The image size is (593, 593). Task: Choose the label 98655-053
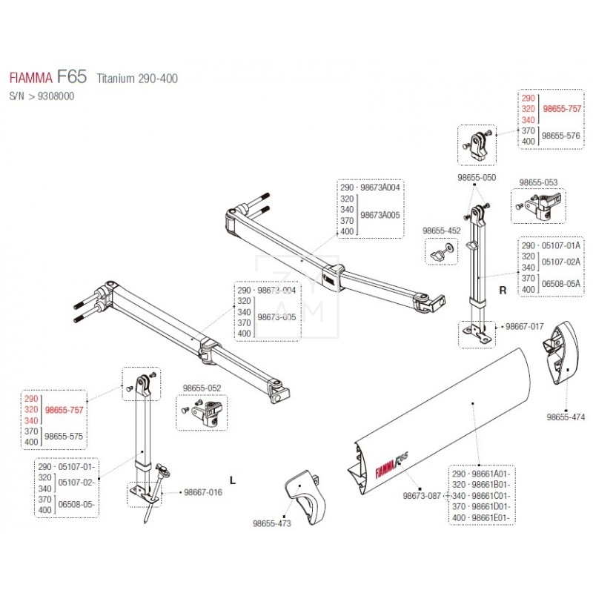pos(540,182)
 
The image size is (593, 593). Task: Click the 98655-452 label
pos(442,231)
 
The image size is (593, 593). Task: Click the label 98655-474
pos(567,417)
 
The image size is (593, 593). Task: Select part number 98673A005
pos(380,214)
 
